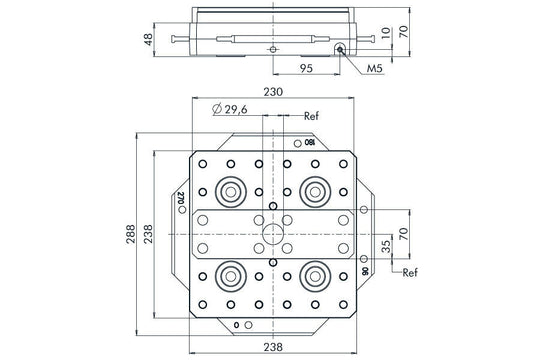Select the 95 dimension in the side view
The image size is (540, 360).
click(307, 69)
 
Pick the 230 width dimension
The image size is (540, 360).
click(274, 92)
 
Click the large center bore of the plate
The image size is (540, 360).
click(273, 233)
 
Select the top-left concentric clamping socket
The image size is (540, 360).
click(231, 188)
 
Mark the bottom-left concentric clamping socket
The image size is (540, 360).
click(231, 276)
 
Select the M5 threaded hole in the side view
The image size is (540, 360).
click(341, 46)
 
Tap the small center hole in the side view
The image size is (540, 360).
click(272, 48)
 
